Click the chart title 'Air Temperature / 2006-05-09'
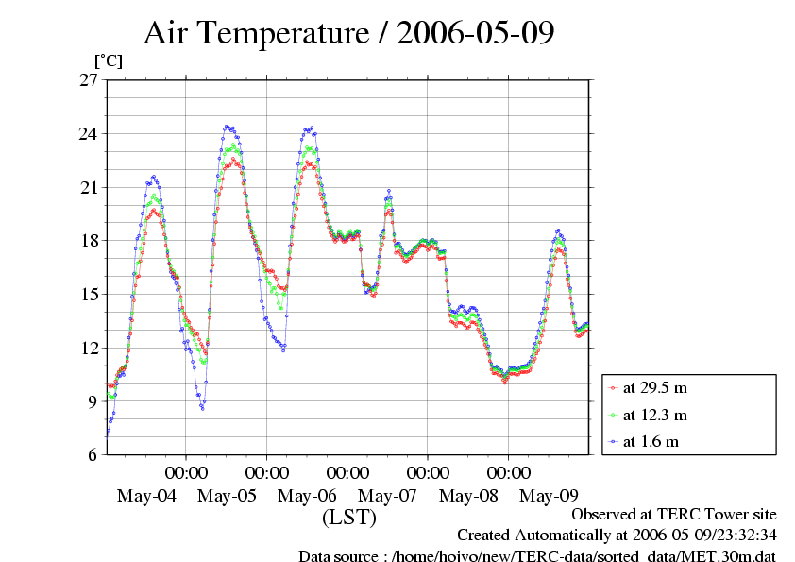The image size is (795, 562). tap(348, 33)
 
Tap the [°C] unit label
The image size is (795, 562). tap(108, 61)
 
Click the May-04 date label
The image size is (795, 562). tap(146, 496)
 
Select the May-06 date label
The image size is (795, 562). tap(308, 496)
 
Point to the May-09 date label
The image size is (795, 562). tap(550, 496)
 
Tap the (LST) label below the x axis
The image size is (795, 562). tap(348, 518)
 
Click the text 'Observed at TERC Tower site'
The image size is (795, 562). tap(674, 515)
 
